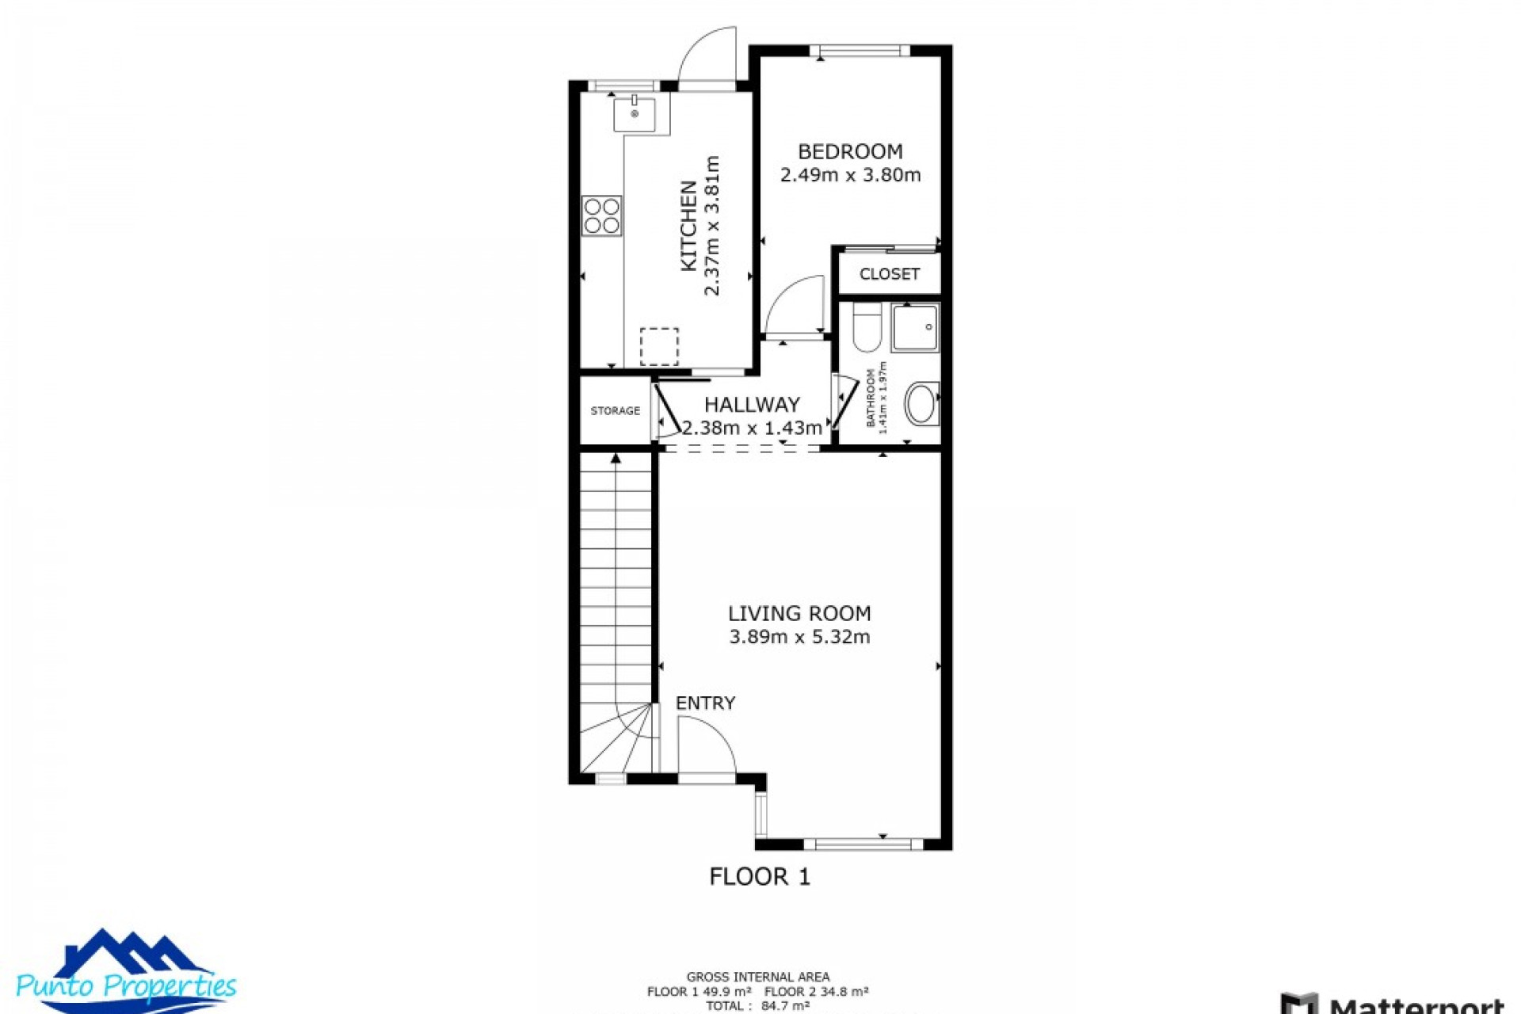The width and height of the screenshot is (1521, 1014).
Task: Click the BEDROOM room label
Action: pyautogui.click(x=850, y=151)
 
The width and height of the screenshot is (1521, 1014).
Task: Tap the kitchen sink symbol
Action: pyautogui.click(x=635, y=115)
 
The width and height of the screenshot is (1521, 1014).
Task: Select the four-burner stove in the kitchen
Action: pyautogui.click(x=602, y=215)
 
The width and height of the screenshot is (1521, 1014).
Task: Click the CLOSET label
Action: pyautogui.click(x=889, y=274)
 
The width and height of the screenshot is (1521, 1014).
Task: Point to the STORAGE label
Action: pyautogui.click(x=615, y=411)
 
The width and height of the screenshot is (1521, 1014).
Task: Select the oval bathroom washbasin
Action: pyautogui.click(x=921, y=403)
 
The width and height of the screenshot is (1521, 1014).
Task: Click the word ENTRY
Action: pyautogui.click(x=705, y=703)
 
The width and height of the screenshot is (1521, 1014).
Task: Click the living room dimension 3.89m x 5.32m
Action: pyautogui.click(x=799, y=637)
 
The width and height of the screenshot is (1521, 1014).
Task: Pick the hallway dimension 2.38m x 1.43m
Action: pyautogui.click(x=752, y=429)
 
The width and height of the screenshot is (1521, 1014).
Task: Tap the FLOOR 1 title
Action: pyautogui.click(x=760, y=877)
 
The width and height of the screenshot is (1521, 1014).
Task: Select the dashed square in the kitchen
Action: pyautogui.click(x=659, y=346)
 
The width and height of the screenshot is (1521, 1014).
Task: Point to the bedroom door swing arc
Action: pyautogui.click(x=795, y=305)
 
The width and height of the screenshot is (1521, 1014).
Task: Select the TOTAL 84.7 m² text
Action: pyautogui.click(x=757, y=1006)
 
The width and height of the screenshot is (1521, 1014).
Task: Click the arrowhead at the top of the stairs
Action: pyautogui.click(x=616, y=458)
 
